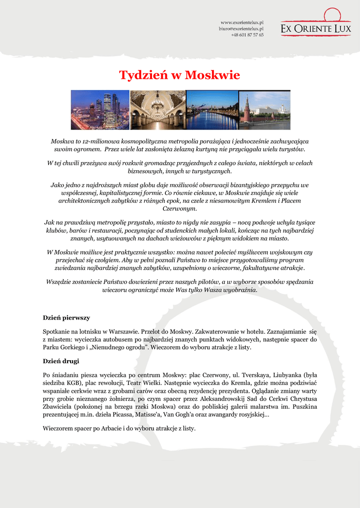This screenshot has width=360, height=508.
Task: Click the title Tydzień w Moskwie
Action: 179,75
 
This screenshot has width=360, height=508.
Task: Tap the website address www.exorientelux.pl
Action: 242,23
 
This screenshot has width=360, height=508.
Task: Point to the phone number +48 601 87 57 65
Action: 247,35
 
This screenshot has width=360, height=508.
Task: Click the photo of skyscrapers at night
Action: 100,110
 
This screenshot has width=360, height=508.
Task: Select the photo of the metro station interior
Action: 158,110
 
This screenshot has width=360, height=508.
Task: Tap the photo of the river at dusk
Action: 213,110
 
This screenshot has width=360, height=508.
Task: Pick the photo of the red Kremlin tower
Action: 265,110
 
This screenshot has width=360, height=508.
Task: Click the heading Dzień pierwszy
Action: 66,317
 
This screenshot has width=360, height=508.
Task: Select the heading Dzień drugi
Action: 61,361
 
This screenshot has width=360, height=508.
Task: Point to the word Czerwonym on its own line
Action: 180,209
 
